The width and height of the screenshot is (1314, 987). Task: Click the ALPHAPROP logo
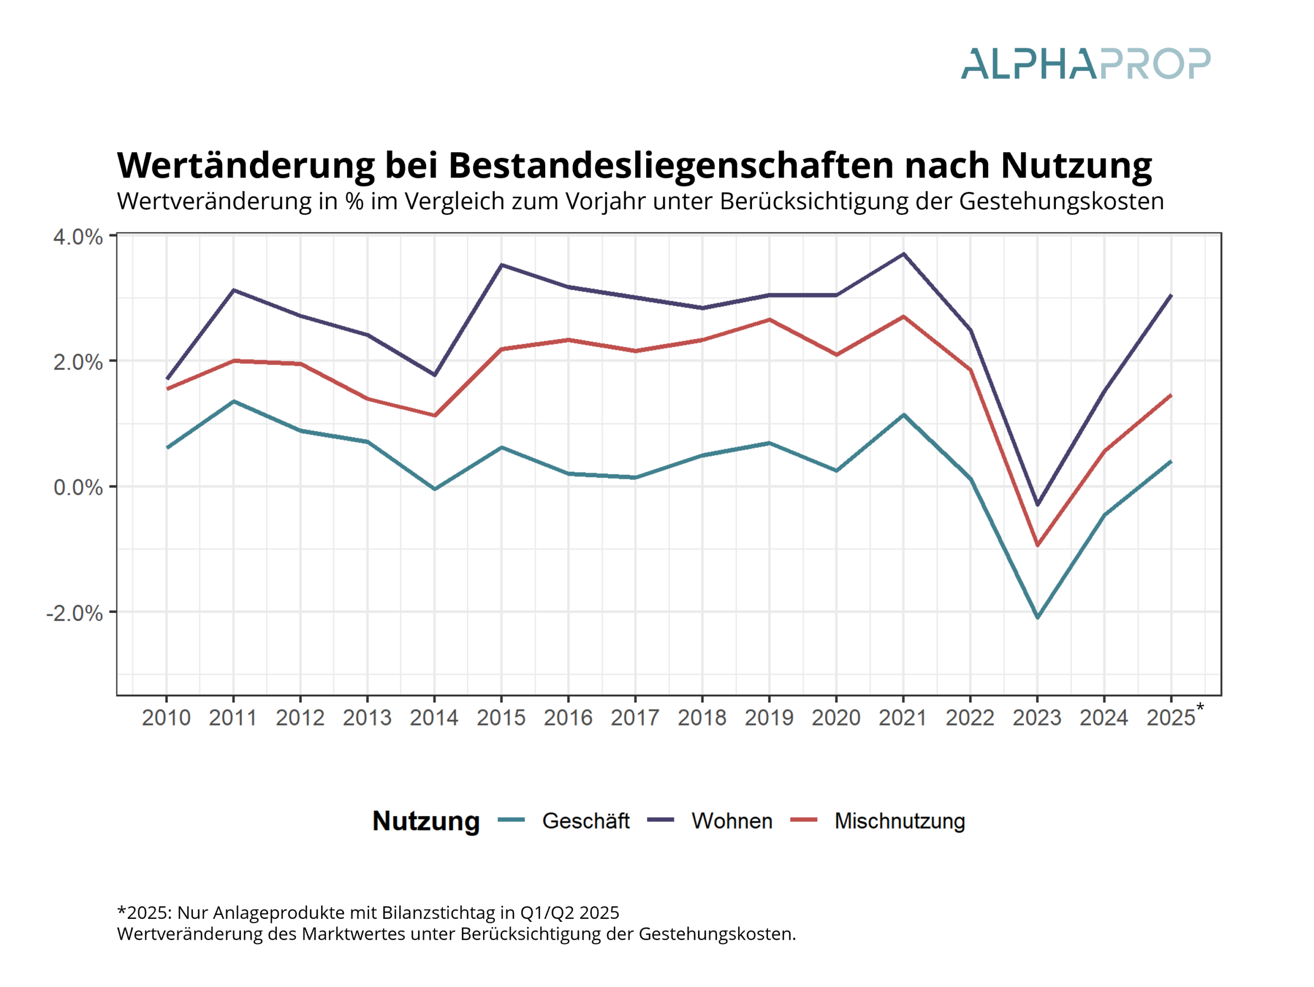tap(1085, 64)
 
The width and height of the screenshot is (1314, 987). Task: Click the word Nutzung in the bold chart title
tap(1076, 165)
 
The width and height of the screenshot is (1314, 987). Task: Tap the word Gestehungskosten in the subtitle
tap(1061, 201)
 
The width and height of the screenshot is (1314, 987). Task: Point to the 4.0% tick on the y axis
tap(78, 237)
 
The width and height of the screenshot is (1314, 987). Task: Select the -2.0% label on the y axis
tap(74, 613)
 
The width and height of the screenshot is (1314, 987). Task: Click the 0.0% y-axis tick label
tap(78, 487)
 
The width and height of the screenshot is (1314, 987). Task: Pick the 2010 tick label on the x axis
tap(166, 718)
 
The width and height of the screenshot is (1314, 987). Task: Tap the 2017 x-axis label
tap(635, 718)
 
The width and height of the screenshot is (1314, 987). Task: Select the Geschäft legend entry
tap(585, 821)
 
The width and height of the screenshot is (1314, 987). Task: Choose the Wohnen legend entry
tap(732, 821)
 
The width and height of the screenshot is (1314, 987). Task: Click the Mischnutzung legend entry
tap(899, 821)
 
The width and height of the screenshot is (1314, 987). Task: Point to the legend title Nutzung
tap(426, 821)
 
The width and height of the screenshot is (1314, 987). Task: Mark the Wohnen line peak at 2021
tap(903, 254)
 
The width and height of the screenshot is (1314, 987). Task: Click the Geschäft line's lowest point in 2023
tap(1038, 618)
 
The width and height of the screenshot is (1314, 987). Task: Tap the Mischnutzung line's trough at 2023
tap(1038, 545)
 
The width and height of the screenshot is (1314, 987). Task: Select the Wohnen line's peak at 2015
tap(501, 265)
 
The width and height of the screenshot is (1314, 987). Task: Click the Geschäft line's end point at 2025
tap(1171, 461)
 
